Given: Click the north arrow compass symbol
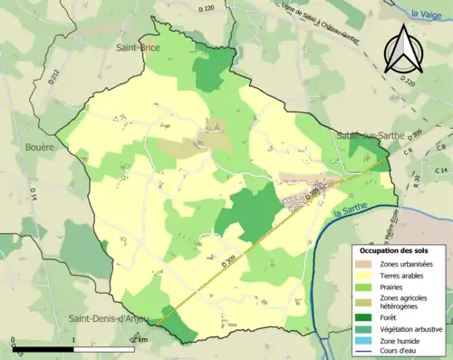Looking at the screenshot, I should (x=402, y=50).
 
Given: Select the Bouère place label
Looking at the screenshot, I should (x=40, y=146).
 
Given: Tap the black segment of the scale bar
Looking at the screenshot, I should (x=43, y=347).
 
